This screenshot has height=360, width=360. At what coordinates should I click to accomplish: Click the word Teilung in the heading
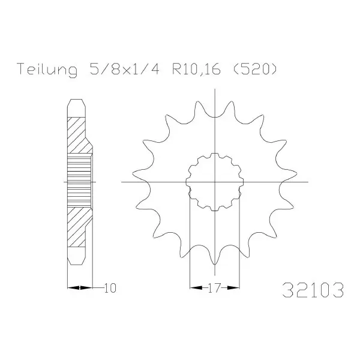[x=47, y=70]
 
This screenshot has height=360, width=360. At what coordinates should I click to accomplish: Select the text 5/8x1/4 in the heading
[x=124, y=68]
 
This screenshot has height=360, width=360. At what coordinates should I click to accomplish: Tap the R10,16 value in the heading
[x=196, y=69]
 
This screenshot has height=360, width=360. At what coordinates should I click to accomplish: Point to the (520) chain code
[x=255, y=68]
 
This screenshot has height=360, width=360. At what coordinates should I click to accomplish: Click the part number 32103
[x=313, y=290]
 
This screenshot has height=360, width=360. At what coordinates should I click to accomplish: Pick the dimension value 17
[x=214, y=288]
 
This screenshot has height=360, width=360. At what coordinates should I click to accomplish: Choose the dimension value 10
[x=110, y=288]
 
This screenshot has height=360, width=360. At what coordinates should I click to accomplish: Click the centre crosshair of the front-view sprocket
[x=215, y=182]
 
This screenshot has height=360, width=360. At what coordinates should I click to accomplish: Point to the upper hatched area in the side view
[x=78, y=136]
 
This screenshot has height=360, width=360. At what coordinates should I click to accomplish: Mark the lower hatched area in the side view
[x=78, y=227]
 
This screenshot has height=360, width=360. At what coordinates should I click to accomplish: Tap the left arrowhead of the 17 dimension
[x=196, y=287]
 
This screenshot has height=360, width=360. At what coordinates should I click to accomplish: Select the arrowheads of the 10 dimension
[x=80, y=287]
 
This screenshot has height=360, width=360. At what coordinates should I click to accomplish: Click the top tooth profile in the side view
[x=76, y=109]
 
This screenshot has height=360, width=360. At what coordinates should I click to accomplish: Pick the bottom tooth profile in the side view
[x=76, y=256]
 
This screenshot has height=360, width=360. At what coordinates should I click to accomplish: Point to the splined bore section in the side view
[x=80, y=181]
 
